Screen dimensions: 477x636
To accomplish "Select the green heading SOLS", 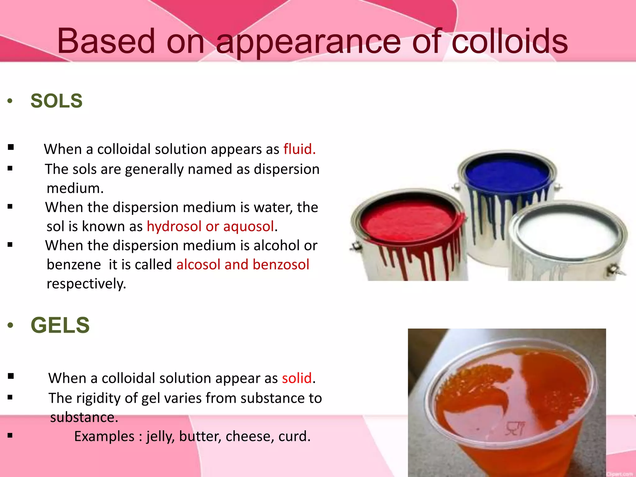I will pyautogui.click(x=57, y=101).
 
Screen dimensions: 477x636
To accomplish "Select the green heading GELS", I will pyautogui.click(x=60, y=325).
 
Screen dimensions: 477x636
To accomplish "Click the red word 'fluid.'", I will pyautogui.click(x=299, y=149).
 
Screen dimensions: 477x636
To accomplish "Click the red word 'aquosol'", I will pyautogui.click(x=248, y=226).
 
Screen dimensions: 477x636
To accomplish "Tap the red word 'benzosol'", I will pyautogui.click(x=281, y=265).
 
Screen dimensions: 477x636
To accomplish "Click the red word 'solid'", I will pyautogui.click(x=297, y=378).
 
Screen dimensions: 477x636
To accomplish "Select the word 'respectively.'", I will pyautogui.click(x=86, y=284).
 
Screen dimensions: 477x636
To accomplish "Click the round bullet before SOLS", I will pyautogui.click(x=10, y=101).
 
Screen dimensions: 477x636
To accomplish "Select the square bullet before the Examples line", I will pyautogui.click(x=10, y=436).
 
